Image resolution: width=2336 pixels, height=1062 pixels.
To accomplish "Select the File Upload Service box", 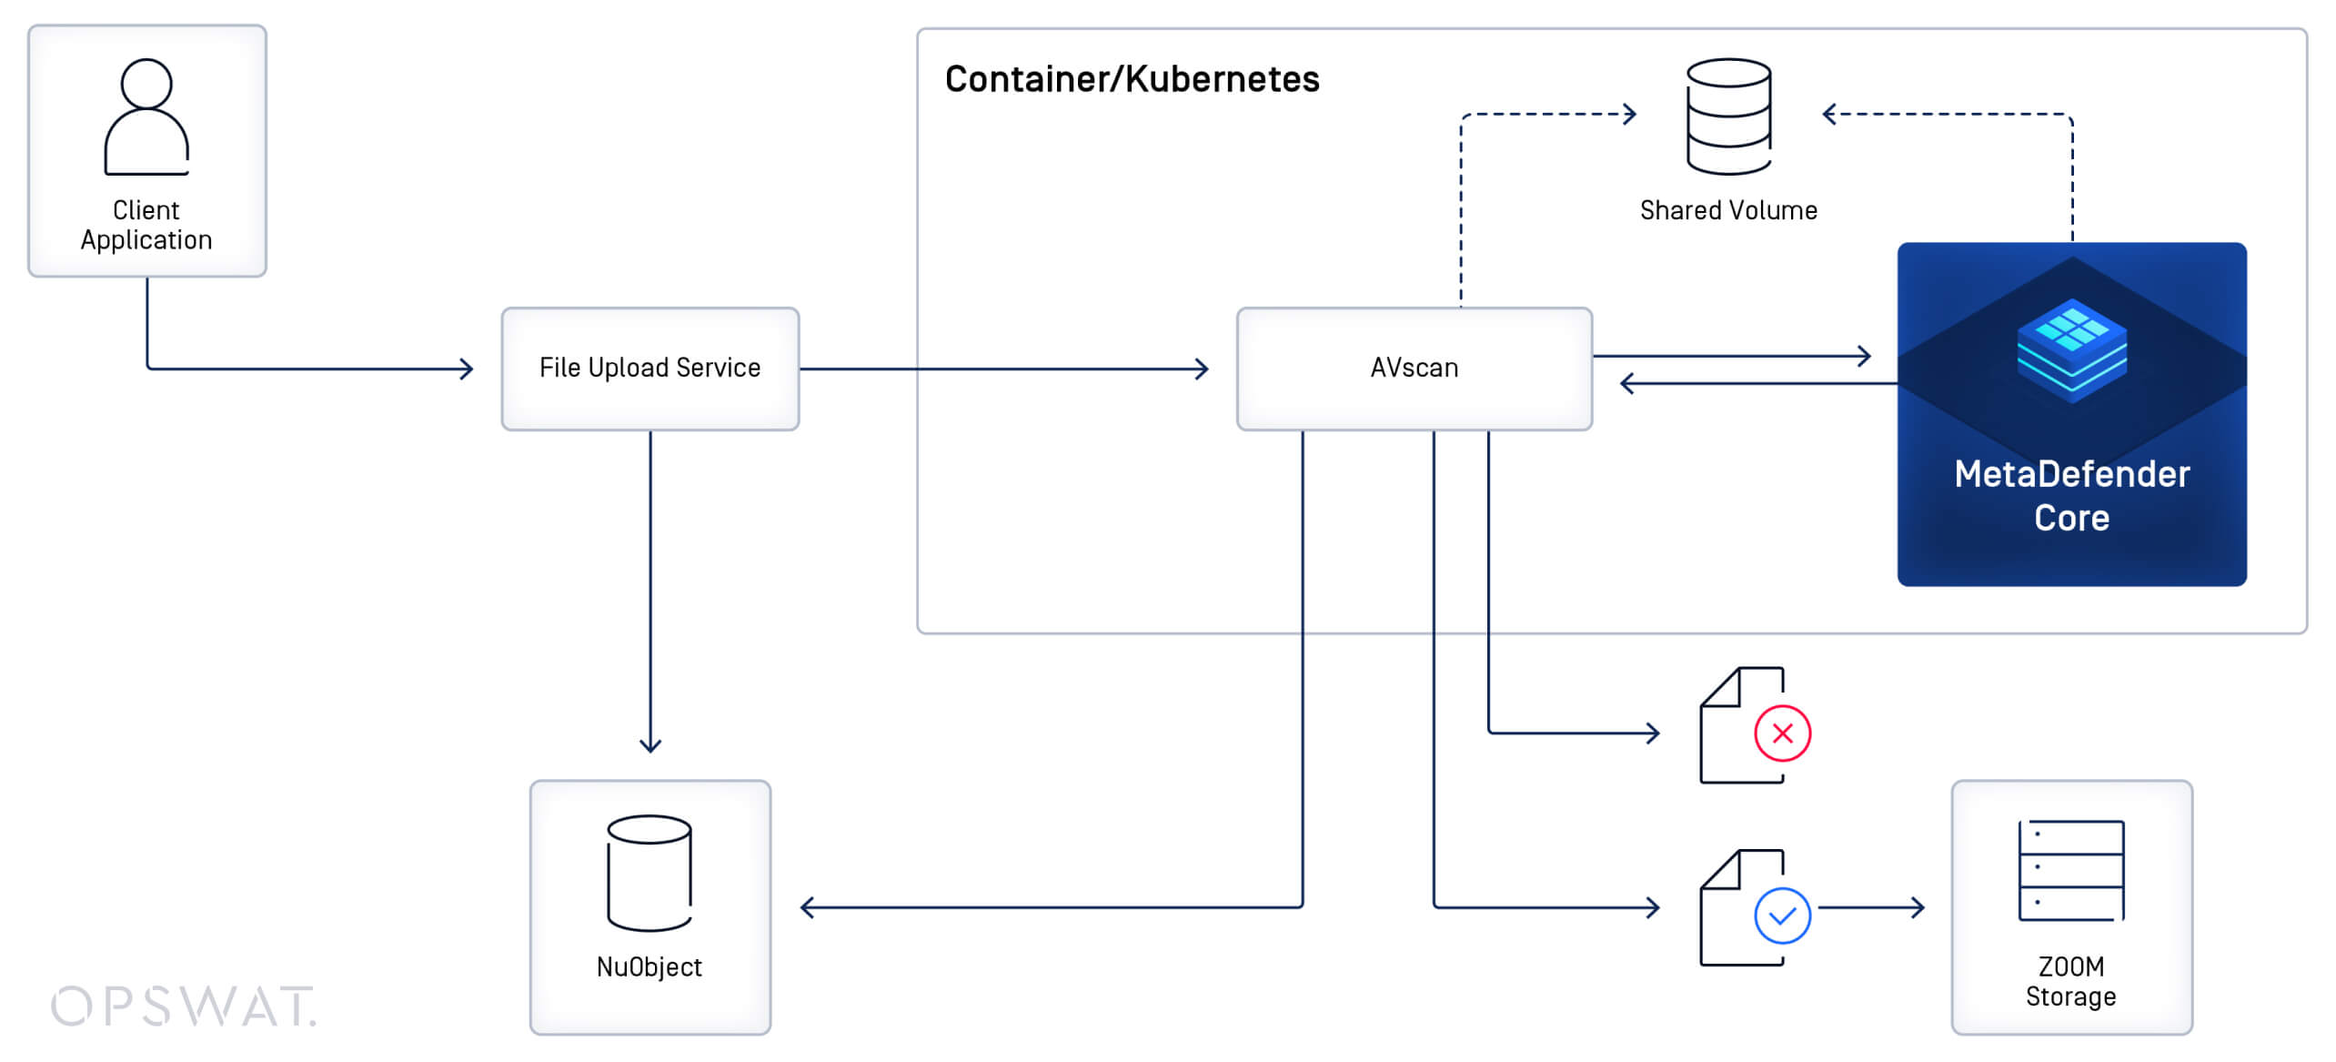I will pyautogui.click(x=650, y=369).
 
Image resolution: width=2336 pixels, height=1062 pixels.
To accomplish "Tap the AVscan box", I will pyautogui.click(x=1415, y=369).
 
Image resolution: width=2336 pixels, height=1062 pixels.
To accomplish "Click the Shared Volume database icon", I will pyautogui.click(x=1728, y=116).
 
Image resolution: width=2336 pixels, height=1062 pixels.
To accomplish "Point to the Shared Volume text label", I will pyautogui.click(x=1728, y=210).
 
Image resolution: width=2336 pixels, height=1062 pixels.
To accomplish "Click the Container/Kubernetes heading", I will pyautogui.click(x=1132, y=79).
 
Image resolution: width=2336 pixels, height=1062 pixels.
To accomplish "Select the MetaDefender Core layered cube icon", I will pyautogui.click(x=2072, y=350).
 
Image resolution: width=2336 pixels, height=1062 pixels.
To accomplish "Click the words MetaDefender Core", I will pyautogui.click(x=2072, y=496).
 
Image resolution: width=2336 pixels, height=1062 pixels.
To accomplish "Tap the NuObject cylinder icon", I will pyautogui.click(x=649, y=873).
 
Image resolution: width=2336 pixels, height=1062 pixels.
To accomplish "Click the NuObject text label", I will pyautogui.click(x=649, y=966).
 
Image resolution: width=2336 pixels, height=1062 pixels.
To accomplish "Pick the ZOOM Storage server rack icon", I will pyautogui.click(x=2071, y=871).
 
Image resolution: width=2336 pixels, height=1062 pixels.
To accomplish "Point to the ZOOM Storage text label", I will pyautogui.click(x=2071, y=981).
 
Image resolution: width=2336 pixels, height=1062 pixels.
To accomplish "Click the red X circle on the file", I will pyautogui.click(x=1782, y=733).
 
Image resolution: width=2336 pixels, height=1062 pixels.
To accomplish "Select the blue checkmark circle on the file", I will pyautogui.click(x=1782, y=915).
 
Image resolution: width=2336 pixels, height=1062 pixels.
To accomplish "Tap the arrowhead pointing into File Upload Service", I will pyautogui.click(x=468, y=369).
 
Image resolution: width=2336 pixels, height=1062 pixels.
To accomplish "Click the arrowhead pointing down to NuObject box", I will pyautogui.click(x=650, y=746).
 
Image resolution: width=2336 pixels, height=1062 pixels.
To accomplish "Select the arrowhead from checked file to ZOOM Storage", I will pyautogui.click(x=1918, y=907).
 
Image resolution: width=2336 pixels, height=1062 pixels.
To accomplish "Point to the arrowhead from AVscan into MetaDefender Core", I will pyautogui.click(x=1865, y=356).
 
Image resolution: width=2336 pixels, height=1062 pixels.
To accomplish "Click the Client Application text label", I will pyautogui.click(x=146, y=225).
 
